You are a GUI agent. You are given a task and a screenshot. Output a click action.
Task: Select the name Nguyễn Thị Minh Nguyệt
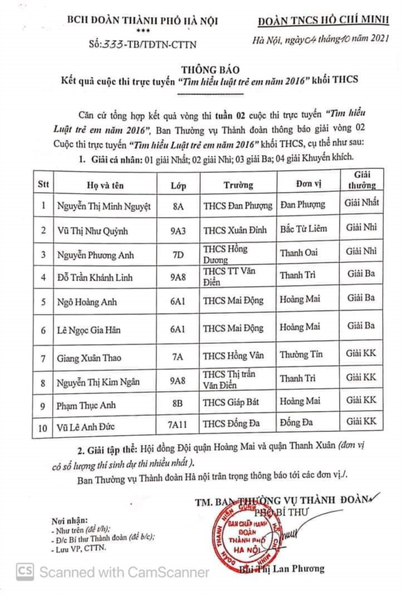click(x=104, y=206)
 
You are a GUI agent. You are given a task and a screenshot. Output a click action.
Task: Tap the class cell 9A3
click(x=177, y=231)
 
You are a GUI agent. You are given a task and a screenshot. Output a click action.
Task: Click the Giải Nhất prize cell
click(x=361, y=203)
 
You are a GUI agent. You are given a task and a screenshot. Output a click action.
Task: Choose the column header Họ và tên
click(x=104, y=185)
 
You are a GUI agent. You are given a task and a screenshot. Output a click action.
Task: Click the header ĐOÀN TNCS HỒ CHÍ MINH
click(x=324, y=21)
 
